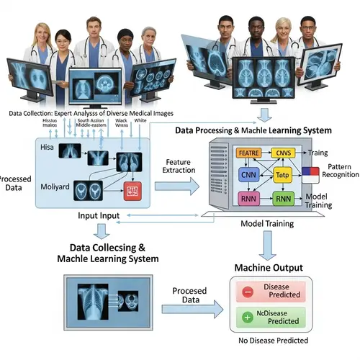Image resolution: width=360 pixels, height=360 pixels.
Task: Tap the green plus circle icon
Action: point(246,318)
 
